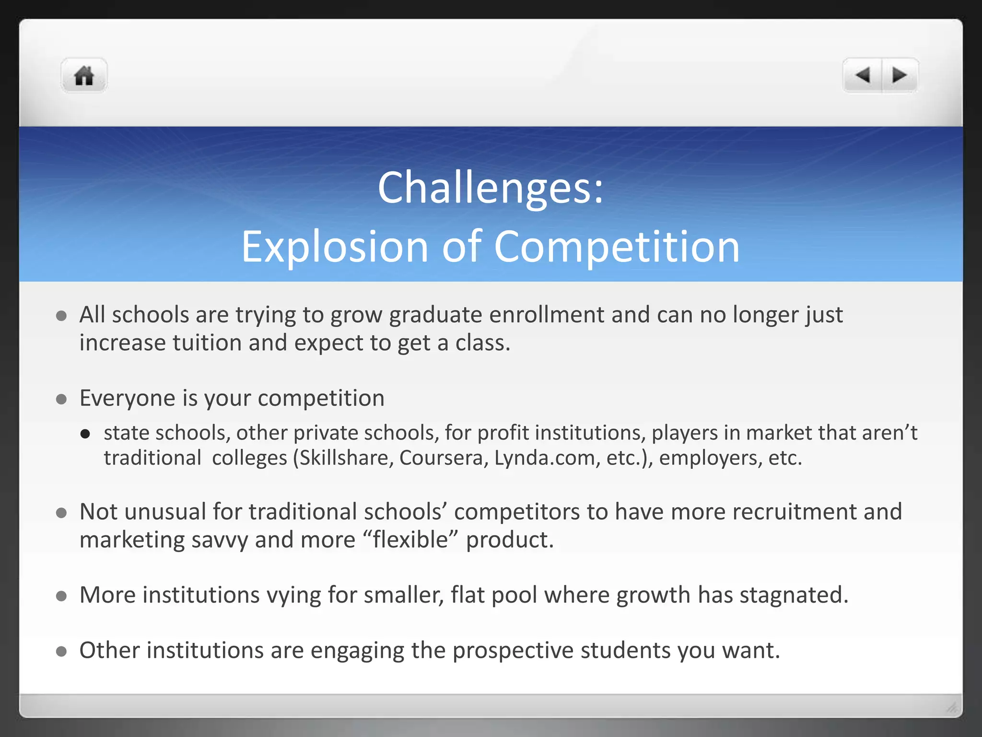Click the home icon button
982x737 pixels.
coord(84,76)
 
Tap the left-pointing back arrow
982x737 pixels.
coord(863,75)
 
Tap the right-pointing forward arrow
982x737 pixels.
coord(900,75)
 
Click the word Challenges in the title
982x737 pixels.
coord(484,188)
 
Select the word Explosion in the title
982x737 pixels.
coord(334,247)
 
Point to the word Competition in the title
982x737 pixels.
coord(616,247)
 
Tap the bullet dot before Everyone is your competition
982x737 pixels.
coord(61,399)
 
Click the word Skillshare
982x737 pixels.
coord(344,458)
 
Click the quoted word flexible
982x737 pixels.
coord(410,540)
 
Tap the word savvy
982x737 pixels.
coord(220,540)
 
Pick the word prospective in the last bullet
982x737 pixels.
coord(513,651)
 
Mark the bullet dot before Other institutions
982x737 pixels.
coord(61,652)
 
